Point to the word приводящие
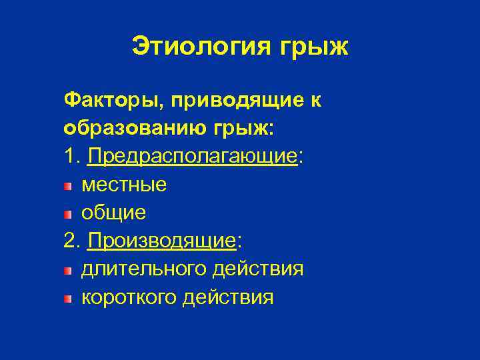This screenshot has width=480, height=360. [x=231, y=101]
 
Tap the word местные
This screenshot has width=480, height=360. [x=123, y=185]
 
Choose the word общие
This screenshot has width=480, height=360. [x=113, y=213]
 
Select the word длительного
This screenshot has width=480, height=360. [x=144, y=269]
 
